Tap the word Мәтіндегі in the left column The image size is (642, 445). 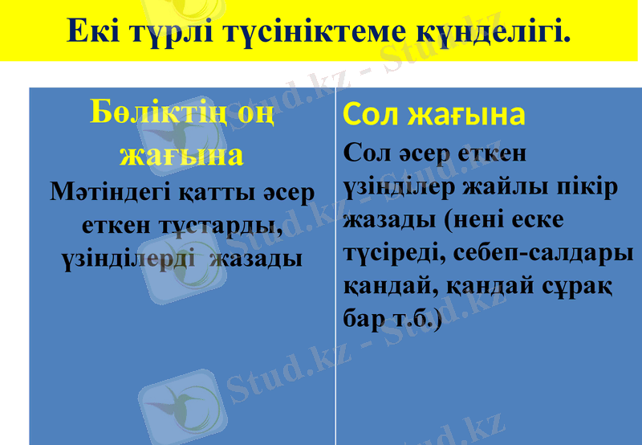(x=106, y=192)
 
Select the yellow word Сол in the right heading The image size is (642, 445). (x=372, y=115)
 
